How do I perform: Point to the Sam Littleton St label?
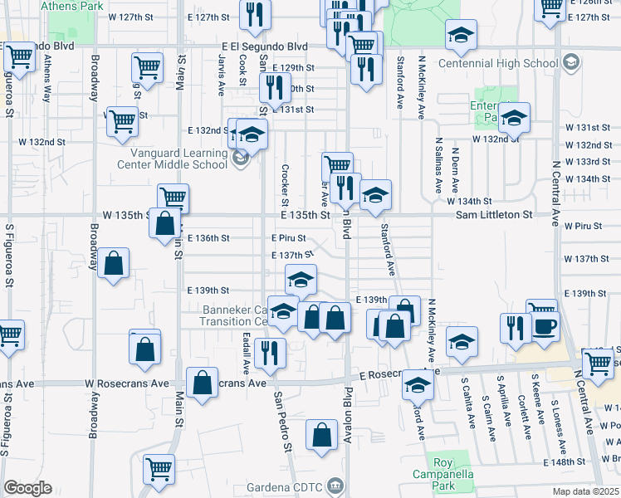pos(493,214)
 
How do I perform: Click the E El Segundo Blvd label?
pos(264,47)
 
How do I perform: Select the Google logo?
pos(27,488)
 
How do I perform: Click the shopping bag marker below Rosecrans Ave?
pos(321,435)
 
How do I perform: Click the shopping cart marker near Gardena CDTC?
pos(157,469)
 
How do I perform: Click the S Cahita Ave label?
pos(471,403)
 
